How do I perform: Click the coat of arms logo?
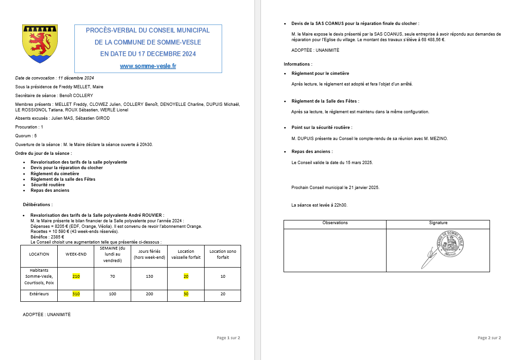tap(40, 44)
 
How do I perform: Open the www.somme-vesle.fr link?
tap(148, 66)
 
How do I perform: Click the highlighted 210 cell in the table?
tap(76, 276)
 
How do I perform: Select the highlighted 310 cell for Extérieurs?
tap(76, 294)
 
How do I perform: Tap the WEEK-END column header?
tap(76, 254)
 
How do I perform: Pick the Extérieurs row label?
tap(39, 294)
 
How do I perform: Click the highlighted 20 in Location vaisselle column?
tap(186, 276)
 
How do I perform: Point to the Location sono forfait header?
tap(223, 254)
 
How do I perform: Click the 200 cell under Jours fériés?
tap(149, 294)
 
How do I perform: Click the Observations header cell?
tap(335, 223)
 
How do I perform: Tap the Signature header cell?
tap(438, 223)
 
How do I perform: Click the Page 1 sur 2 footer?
tap(228, 338)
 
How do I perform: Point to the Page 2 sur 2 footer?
tap(489, 338)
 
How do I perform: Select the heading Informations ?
tap(298, 64)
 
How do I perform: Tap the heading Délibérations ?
tap(38, 204)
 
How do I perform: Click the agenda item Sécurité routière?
tap(48, 185)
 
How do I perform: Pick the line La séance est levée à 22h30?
tap(319, 205)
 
